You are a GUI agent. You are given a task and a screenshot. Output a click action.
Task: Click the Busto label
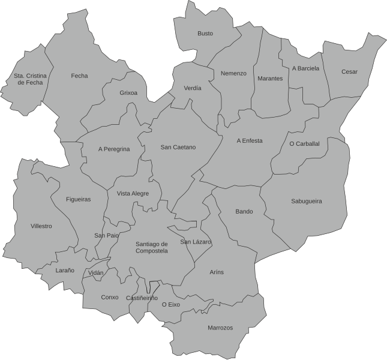tap(205, 34)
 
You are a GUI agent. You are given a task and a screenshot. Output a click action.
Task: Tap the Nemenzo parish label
tap(233, 73)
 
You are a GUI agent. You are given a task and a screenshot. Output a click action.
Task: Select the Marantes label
tap(270, 79)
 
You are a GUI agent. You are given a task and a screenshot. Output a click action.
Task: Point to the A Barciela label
tap(306, 68)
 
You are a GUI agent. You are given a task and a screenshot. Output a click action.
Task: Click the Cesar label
tap(349, 72)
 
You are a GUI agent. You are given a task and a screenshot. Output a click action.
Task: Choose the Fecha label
tap(79, 76)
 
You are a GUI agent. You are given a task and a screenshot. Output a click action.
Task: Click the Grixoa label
tap(128, 93)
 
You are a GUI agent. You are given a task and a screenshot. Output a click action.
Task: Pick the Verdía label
tap(193, 88)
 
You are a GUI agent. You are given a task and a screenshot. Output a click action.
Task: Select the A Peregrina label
tap(114, 149)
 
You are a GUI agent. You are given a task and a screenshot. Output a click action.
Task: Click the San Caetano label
tap(178, 147)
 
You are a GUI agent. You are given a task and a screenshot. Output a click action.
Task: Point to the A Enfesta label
tap(250, 141)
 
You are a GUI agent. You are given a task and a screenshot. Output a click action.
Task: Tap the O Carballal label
tap(304, 144)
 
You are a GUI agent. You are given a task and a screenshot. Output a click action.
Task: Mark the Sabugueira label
tap(306, 202)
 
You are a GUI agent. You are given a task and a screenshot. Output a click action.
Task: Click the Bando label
tap(244, 212)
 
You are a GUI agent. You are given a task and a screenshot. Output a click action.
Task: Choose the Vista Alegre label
tap(133, 193)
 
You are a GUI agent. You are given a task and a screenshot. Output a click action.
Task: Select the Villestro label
tap(41, 226)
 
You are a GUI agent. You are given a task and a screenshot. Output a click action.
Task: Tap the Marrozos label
tap(220, 328)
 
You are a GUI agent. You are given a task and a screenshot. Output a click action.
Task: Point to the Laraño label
tap(65, 271)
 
